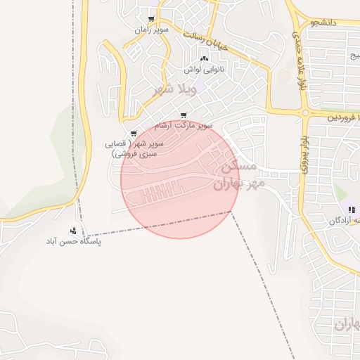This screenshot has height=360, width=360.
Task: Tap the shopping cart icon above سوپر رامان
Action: pyautogui.click(x=151, y=20)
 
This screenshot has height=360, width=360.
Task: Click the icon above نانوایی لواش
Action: pyautogui.click(x=204, y=59)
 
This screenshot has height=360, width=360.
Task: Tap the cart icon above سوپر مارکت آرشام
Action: pyautogui.click(x=184, y=115)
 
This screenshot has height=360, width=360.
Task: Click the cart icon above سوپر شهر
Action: pyautogui.click(x=133, y=134)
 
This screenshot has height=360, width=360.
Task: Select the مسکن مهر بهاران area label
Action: pyautogui.click(x=238, y=176)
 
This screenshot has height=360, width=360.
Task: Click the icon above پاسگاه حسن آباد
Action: pyautogui.click(x=73, y=231)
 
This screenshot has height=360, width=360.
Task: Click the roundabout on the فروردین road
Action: pyautogui.click(x=305, y=112)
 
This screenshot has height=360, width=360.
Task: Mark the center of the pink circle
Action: pyautogui.click(x=180, y=179)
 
